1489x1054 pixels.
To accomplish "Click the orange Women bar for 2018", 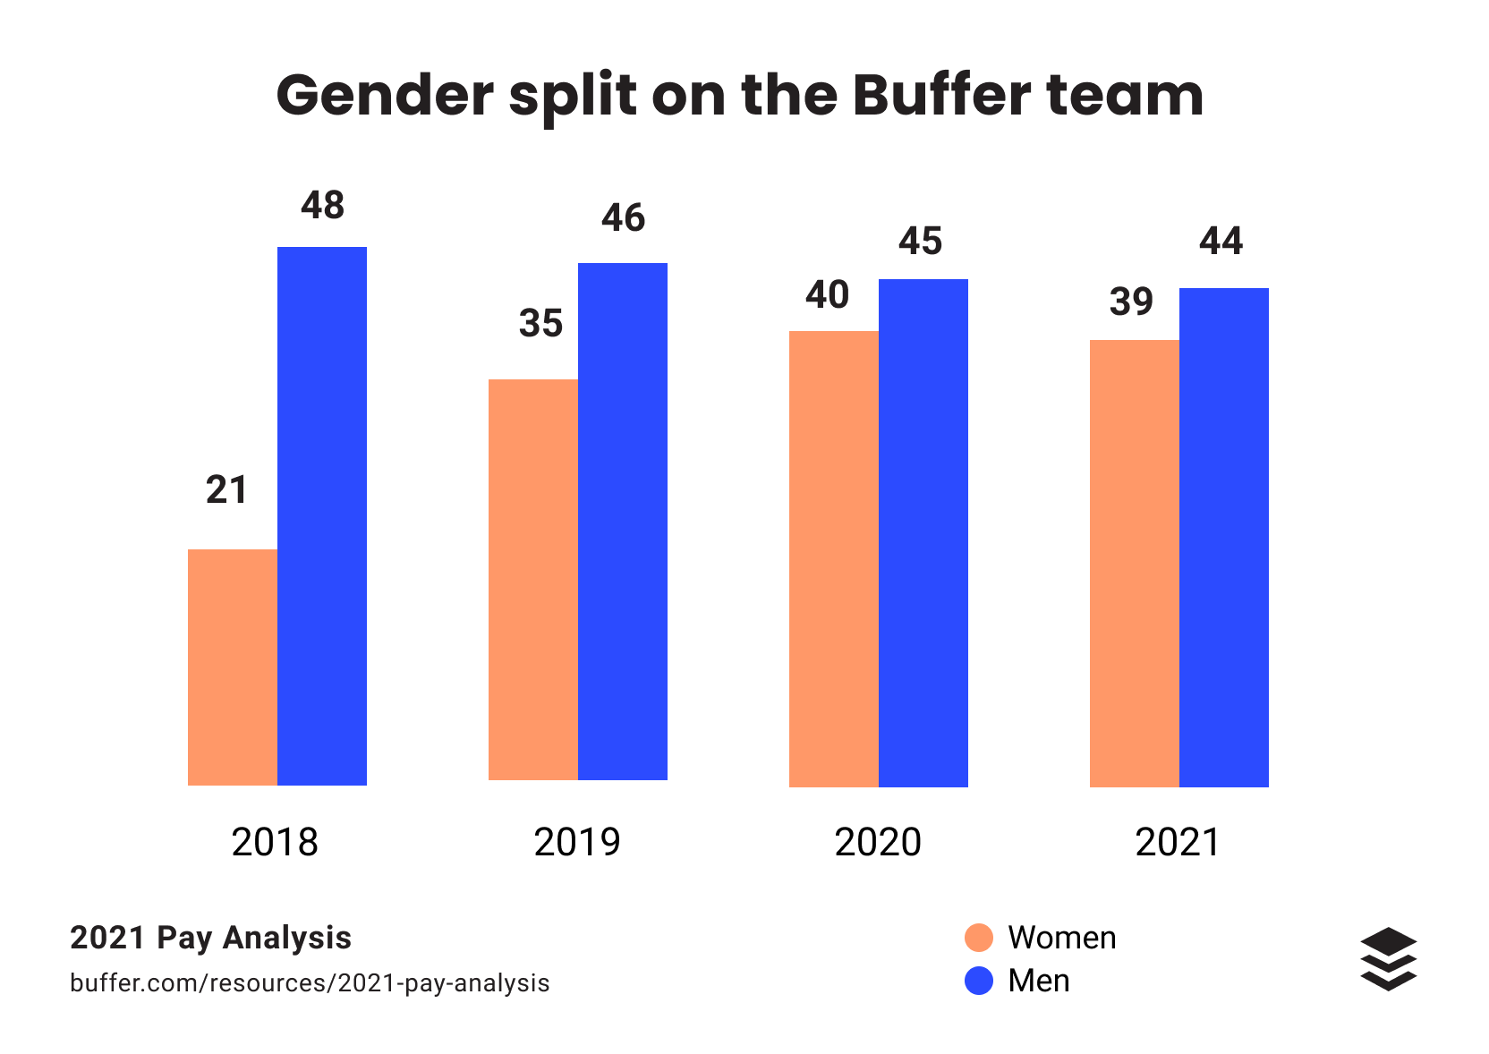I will [233, 667].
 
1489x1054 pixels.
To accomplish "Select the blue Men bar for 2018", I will [322, 516].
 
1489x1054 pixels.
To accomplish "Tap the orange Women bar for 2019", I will [533, 580].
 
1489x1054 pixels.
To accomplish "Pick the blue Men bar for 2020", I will [923, 533].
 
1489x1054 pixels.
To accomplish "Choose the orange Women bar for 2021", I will [1135, 564].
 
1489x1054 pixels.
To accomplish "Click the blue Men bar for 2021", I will [1224, 538].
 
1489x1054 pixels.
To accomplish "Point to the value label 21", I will [226, 490].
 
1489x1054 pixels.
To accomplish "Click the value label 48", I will [322, 206].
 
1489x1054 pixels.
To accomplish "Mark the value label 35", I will [540, 323].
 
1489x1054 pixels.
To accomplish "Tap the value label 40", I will [827, 295].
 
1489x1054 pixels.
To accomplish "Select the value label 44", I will [1221, 242].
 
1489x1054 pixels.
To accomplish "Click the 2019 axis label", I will [576, 843].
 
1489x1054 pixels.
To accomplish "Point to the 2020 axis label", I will [877, 843].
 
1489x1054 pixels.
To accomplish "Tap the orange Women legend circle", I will [979, 938].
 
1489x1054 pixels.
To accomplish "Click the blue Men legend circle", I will [979, 981].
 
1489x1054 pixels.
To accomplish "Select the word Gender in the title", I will [385, 95].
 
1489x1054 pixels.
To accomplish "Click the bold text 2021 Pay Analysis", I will [210, 938].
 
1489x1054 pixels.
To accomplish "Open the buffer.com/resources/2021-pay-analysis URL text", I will [310, 983].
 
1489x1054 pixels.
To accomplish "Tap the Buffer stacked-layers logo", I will [1388, 959].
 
